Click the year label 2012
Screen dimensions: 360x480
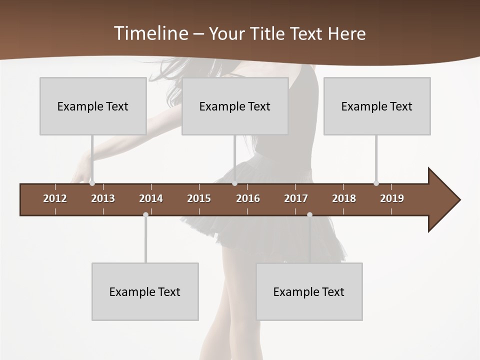click(55, 198)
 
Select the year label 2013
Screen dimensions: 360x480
click(103, 198)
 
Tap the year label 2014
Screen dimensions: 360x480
click(151, 198)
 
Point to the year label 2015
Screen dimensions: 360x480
click(199, 198)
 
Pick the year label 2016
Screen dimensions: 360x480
click(248, 198)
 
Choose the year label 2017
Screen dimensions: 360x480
click(296, 198)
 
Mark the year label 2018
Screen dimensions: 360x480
click(344, 198)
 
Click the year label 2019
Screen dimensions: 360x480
click(392, 198)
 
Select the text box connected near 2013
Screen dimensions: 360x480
click(93, 106)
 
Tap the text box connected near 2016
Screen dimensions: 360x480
click(235, 106)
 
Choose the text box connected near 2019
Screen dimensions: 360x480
click(377, 106)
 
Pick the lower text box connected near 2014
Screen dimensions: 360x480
click(145, 291)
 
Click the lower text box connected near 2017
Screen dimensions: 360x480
click(309, 291)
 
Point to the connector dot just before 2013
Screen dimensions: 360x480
click(92, 183)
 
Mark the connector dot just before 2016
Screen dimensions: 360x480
click(234, 183)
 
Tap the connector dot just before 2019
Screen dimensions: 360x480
click(376, 183)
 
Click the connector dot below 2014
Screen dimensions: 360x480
click(145, 215)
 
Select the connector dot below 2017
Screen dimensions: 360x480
click(309, 215)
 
